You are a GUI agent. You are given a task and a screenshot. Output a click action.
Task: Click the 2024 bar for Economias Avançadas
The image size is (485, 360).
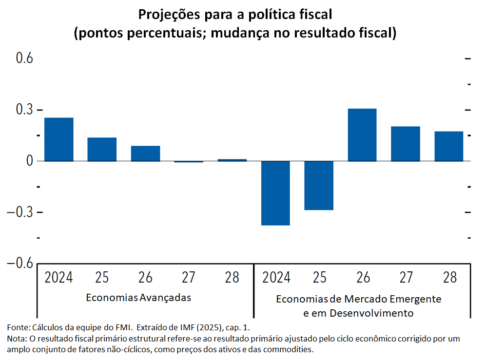pyautogui.click(x=58, y=139)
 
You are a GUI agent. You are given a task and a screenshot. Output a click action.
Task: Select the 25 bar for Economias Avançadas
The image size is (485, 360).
pyautogui.click(x=102, y=149)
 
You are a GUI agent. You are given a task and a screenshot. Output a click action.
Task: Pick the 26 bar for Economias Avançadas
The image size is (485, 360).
pyautogui.click(x=145, y=153)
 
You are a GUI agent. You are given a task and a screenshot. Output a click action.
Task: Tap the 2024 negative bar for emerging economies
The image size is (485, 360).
pyautogui.click(x=276, y=193)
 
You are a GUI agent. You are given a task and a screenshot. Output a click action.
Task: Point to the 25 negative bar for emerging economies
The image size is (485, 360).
pyautogui.click(x=319, y=185)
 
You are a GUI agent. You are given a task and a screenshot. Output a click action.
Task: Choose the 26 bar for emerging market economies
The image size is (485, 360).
pyautogui.click(x=362, y=134)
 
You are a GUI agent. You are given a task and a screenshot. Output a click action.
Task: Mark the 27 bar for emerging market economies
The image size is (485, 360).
pyautogui.click(x=406, y=144)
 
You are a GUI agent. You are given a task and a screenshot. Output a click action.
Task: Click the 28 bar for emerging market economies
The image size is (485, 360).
pyautogui.click(x=449, y=146)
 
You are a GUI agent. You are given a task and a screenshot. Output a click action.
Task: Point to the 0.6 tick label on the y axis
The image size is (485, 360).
pyautogui.click(x=24, y=58)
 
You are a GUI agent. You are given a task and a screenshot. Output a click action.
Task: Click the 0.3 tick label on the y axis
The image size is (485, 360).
pyautogui.click(x=24, y=110)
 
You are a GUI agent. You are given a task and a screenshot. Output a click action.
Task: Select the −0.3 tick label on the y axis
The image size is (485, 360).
pyautogui.click(x=20, y=212)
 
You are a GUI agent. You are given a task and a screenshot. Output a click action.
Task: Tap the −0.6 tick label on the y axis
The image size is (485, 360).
pyautogui.click(x=20, y=264)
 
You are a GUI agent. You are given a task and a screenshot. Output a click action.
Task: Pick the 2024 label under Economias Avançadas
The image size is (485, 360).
pyautogui.click(x=58, y=277)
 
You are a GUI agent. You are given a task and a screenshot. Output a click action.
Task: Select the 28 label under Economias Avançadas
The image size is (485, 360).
pyautogui.click(x=232, y=277)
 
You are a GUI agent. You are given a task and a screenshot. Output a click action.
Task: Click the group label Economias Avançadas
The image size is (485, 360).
pyautogui.click(x=138, y=297)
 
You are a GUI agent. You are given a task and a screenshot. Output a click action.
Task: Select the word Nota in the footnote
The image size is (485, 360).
pyautogui.click(x=17, y=338)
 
